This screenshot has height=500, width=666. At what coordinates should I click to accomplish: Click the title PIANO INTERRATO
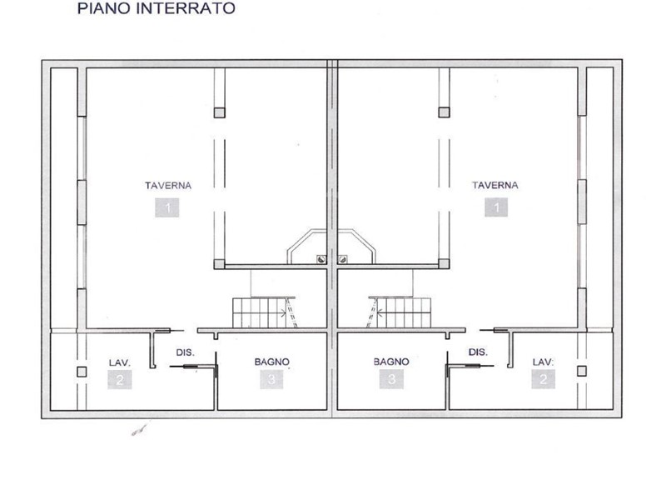click(x=157, y=8)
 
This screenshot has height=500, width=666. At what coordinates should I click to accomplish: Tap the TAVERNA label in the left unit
click(x=168, y=185)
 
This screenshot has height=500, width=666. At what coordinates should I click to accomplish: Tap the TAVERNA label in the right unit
click(x=495, y=185)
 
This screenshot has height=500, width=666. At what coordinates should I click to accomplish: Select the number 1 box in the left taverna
click(x=167, y=207)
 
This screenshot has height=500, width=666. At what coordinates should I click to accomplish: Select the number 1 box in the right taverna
click(x=496, y=207)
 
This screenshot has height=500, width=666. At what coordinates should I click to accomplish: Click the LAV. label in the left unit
click(x=120, y=362)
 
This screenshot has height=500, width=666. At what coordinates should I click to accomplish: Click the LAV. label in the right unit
click(x=544, y=362)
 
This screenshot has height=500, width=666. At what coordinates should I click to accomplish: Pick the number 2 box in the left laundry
click(x=119, y=379)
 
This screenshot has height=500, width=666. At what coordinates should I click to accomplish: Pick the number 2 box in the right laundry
click(x=544, y=379)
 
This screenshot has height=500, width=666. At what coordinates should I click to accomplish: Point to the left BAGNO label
click(x=272, y=362)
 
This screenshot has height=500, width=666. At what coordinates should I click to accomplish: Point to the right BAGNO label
click(x=391, y=362)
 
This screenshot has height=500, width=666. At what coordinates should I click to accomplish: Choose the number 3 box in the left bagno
click(x=271, y=379)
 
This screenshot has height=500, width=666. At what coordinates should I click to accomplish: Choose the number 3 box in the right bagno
click(x=391, y=379)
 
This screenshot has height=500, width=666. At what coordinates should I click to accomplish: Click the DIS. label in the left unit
click(x=185, y=352)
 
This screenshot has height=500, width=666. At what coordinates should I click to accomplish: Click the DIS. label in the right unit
click(x=478, y=352)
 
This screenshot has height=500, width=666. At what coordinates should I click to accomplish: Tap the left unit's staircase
click(x=264, y=312)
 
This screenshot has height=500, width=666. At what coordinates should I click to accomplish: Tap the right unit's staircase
click(x=399, y=312)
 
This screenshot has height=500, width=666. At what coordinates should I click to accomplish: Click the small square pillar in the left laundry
click(x=82, y=372)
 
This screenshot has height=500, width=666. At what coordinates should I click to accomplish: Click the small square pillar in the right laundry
click(x=582, y=371)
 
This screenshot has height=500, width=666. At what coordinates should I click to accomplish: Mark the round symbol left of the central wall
click(x=321, y=259)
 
